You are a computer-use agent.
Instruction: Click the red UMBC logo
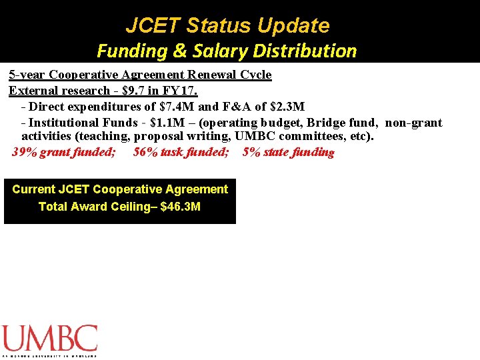[x=49, y=339]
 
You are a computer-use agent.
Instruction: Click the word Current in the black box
[x=33, y=189]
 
